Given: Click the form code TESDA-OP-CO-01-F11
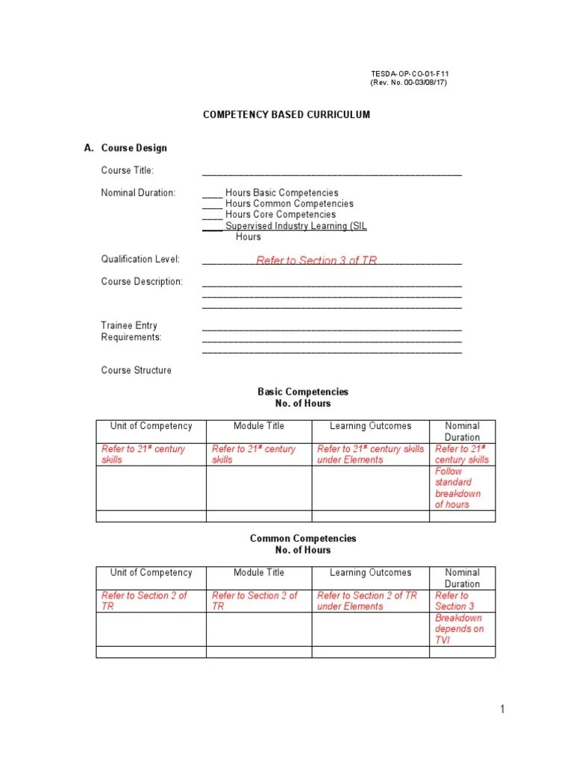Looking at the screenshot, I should click(410, 74).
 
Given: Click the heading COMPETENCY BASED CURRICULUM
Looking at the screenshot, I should click(286, 115).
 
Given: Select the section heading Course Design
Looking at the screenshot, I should click(134, 148).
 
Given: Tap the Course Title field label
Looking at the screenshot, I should click(128, 171).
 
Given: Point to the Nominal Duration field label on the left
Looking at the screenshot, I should click(138, 192).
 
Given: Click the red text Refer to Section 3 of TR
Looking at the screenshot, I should click(316, 260).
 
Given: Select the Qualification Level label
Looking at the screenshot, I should click(140, 260).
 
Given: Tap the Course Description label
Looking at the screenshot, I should click(142, 282).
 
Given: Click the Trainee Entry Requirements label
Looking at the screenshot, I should click(131, 331).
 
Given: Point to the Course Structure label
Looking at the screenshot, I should click(136, 370).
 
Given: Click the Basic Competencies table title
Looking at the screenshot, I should click(303, 392).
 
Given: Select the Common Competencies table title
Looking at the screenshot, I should click(303, 539).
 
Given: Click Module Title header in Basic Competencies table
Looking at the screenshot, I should click(258, 426).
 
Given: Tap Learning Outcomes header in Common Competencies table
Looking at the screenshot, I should click(370, 573).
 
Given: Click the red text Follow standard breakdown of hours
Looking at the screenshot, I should click(458, 488).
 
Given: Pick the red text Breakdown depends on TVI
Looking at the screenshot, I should click(459, 629).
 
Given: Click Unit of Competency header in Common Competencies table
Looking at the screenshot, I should click(151, 573).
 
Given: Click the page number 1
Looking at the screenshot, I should click(503, 710).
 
